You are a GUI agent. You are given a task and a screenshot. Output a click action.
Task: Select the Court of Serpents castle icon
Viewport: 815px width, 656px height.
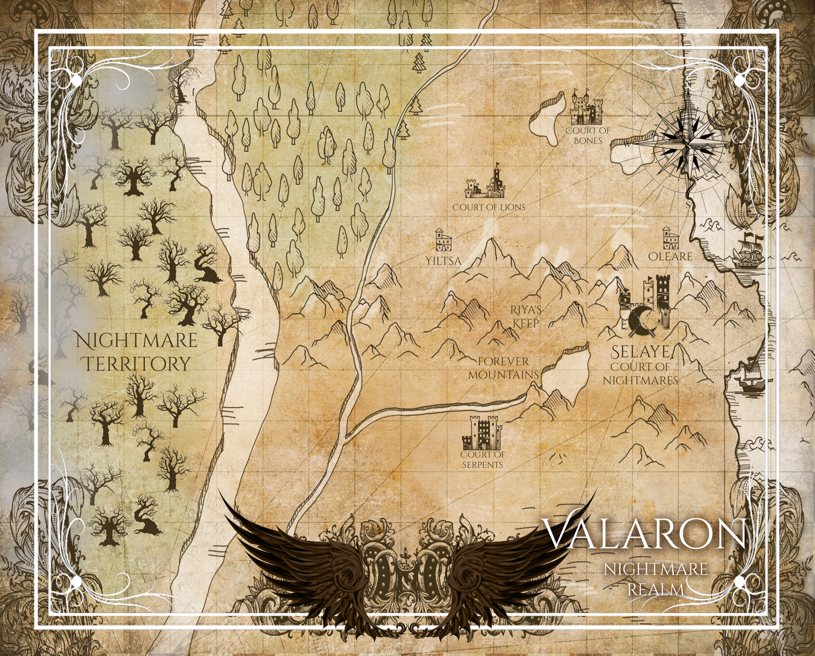pos(482,433)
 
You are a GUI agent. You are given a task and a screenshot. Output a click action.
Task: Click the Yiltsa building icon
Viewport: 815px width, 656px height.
pos(443,241)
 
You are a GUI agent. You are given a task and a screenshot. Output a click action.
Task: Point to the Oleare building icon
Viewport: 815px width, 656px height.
pos(670,239)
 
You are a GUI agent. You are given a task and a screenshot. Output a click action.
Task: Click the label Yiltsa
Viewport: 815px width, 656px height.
pos(443,261)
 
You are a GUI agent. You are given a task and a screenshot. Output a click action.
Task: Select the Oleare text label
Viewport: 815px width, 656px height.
pos(670,256)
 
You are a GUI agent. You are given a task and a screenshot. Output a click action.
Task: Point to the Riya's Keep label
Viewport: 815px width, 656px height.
pos(526,316)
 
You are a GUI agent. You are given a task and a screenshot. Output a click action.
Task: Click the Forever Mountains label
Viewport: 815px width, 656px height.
pos(504,368)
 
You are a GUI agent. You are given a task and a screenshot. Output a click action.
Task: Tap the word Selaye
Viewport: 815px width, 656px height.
pos(641,353)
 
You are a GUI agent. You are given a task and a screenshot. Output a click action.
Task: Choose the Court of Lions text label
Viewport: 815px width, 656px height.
pos(488,207)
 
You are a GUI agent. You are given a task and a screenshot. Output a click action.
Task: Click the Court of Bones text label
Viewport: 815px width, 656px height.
pos(588,135)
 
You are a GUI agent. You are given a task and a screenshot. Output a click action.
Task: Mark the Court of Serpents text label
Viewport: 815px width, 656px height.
pos(482,459)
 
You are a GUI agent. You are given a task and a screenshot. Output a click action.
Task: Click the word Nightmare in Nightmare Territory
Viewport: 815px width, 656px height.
pos(136,341)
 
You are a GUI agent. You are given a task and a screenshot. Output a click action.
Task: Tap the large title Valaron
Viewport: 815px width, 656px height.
pos(644,534)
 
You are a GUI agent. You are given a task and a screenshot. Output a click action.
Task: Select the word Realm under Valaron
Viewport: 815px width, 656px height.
pos(655,589)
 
